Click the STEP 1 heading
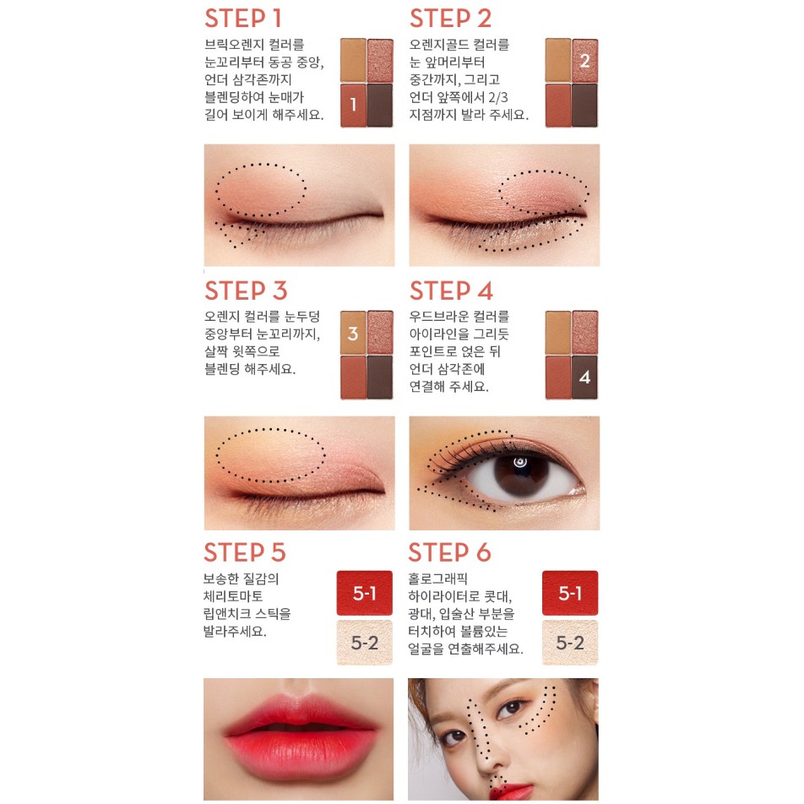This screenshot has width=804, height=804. click(243, 18)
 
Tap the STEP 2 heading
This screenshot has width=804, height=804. click(450, 18)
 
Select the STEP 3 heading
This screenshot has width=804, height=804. click(246, 291)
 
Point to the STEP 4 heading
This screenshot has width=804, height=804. click(451, 291)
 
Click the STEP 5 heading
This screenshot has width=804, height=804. click(245, 552)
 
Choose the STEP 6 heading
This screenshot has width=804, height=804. click(449, 552)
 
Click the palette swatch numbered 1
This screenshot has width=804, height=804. click(353, 106)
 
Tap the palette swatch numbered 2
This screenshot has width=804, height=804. click(584, 59)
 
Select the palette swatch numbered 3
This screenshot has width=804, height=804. click(353, 333)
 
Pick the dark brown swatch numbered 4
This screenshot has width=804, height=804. click(584, 378)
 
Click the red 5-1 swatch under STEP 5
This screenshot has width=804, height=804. click(364, 593)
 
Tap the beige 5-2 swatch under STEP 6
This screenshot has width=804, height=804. click(570, 643)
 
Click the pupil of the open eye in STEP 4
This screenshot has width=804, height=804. click(519, 463)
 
